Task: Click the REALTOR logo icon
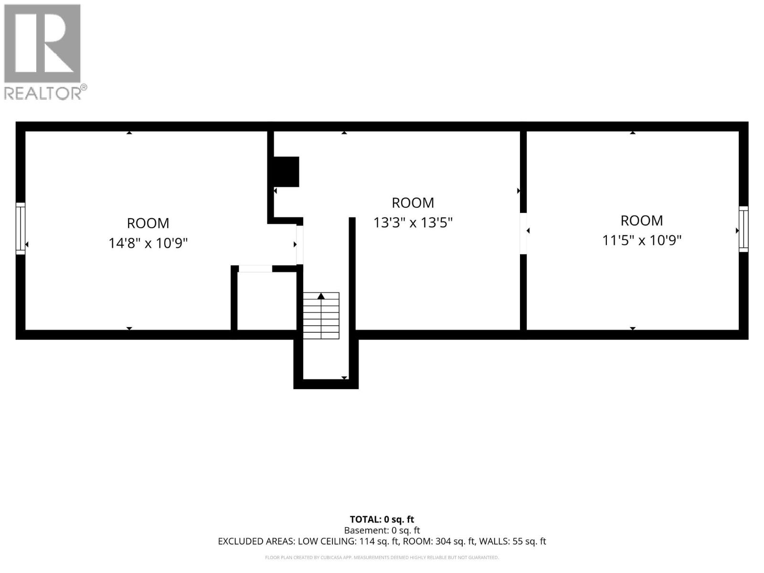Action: click(x=42, y=43)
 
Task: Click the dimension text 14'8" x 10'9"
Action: click(x=148, y=243)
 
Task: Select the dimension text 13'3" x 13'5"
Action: click(x=413, y=223)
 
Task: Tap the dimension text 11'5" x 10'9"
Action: click(x=641, y=240)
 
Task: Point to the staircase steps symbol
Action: click(x=321, y=316)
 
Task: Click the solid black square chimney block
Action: click(x=286, y=171)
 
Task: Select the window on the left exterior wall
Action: click(x=21, y=228)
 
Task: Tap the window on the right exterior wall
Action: click(x=743, y=229)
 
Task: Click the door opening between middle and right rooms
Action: click(x=523, y=233)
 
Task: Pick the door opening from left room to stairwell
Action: click(x=300, y=245)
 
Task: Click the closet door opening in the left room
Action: click(x=255, y=268)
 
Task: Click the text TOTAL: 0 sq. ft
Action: click(x=382, y=520)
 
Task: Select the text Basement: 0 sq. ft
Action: click(x=382, y=531)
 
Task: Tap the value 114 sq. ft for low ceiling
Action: click(x=378, y=541)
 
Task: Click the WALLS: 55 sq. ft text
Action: click(x=512, y=541)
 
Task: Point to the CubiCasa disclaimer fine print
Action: click(x=382, y=558)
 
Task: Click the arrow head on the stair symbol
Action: click(x=321, y=296)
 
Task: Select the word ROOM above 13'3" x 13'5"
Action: click(x=413, y=203)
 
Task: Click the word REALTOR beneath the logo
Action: click(x=42, y=93)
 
